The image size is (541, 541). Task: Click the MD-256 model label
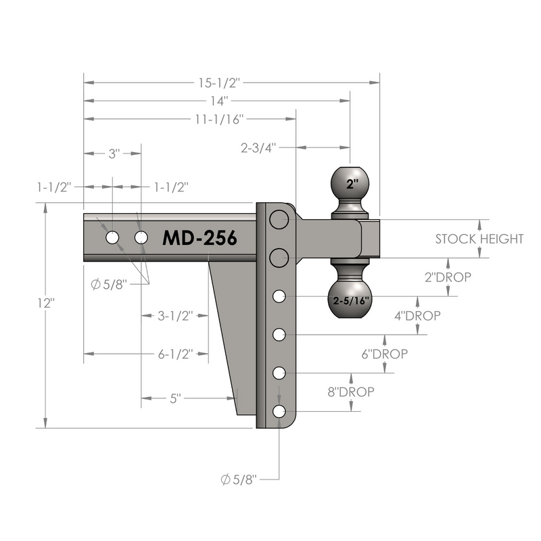tap(199, 238)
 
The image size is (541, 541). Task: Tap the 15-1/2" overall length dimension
tap(219, 83)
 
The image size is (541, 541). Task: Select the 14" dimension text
tap(219, 101)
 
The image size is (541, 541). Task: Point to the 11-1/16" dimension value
tap(219, 119)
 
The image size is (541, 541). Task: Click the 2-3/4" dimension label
tap(259, 147)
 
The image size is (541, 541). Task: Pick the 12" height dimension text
tap(46, 303)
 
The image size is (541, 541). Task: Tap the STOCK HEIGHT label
tap(479, 239)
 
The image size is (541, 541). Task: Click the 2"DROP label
tap(448, 277)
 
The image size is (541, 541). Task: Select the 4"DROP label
tap(417, 316)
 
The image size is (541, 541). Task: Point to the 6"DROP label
tap(385, 354)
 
